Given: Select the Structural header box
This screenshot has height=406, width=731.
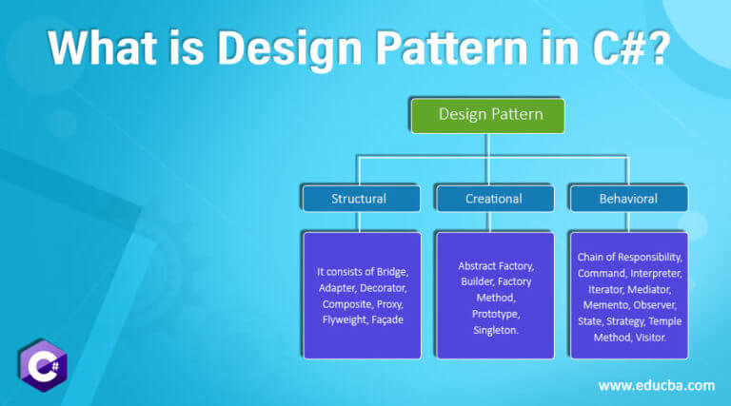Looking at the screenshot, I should pyautogui.click(x=359, y=199).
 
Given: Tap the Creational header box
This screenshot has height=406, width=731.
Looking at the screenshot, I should pyautogui.click(x=493, y=199).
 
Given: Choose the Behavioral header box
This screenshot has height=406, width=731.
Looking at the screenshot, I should pyautogui.click(x=627, y=199).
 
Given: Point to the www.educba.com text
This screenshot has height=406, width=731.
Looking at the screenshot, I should pyautogui.click(x=656, y=385).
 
